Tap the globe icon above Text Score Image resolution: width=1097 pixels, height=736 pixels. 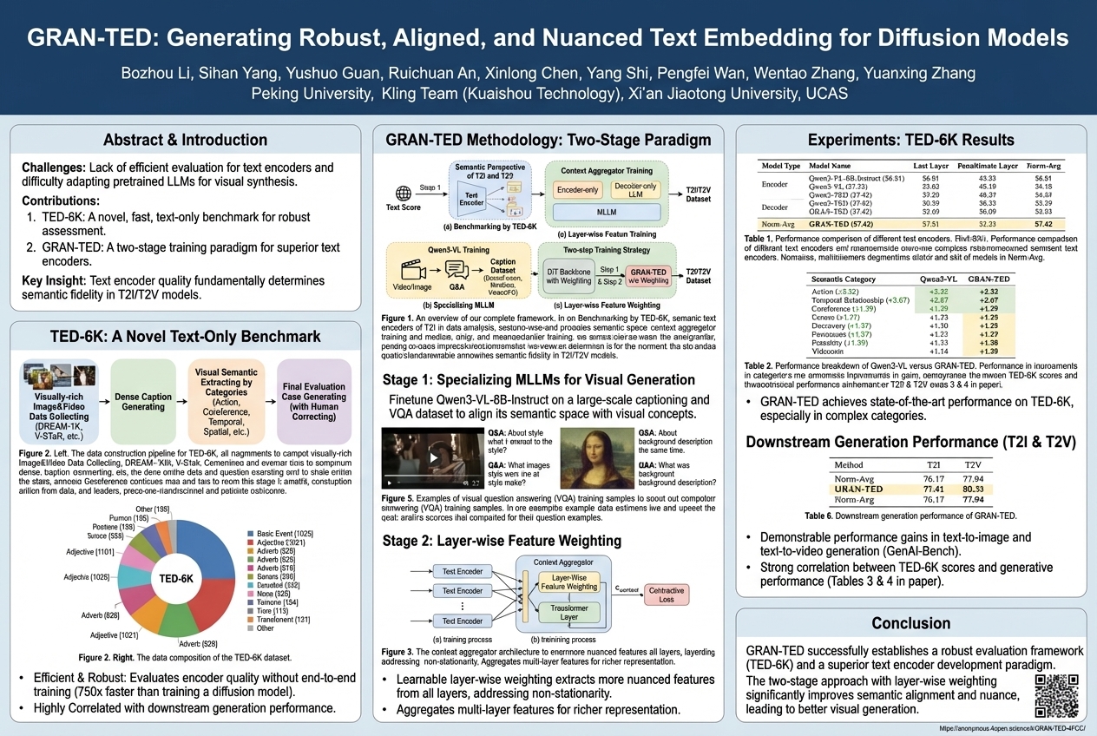point(402,193)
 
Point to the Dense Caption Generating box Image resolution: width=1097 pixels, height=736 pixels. point(142,402)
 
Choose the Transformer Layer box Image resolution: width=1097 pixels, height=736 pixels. point(568,614)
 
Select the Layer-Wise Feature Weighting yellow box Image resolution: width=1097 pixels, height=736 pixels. point(568,582)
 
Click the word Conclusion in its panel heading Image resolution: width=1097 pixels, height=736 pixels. point(910,623)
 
